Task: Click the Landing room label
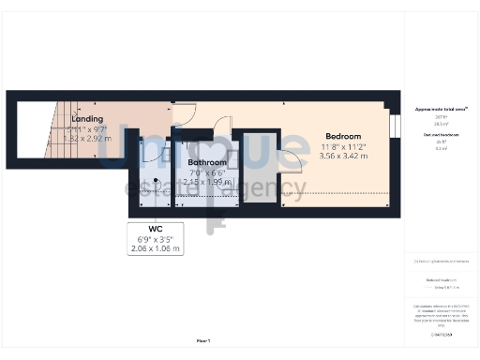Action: pos(87,119)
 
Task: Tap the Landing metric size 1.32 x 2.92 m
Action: pos(87,139)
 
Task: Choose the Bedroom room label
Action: pos(344,136)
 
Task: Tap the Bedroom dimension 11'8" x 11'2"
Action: pos(344,146)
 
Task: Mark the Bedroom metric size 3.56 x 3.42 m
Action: pos(344,156)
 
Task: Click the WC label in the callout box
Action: pos(157,229)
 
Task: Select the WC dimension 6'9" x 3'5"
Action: pos(157,239)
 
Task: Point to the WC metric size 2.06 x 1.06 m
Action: pos(157,248)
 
